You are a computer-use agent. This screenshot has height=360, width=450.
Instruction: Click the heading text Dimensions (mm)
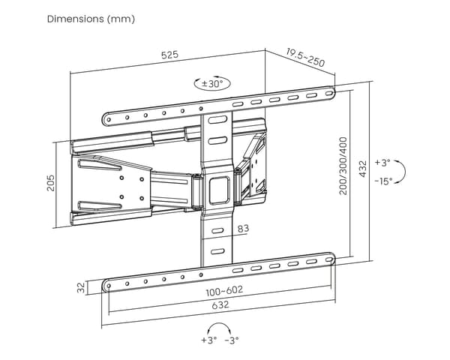91,19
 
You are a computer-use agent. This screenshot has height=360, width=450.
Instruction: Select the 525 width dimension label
170,55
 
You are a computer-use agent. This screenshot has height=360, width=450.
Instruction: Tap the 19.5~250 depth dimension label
305,58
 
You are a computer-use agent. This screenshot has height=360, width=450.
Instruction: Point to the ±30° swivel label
212,84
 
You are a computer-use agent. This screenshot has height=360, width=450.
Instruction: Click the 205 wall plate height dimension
50,183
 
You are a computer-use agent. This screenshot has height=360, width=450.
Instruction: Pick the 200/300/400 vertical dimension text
343,166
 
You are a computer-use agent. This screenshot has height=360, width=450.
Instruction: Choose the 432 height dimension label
363,169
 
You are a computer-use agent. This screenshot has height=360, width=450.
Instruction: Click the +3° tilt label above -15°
382,163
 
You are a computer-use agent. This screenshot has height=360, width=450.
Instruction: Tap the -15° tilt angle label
383,181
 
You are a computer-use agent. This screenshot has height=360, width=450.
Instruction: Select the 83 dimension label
243,229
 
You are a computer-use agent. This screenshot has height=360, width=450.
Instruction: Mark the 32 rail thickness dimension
82,288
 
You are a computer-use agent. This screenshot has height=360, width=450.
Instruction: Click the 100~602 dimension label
224,291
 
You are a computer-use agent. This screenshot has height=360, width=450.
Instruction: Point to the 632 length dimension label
220,304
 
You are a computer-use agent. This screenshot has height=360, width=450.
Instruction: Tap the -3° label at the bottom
232,340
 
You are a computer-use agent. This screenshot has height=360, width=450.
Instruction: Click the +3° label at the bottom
209,340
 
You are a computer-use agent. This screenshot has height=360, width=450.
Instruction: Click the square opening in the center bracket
220,190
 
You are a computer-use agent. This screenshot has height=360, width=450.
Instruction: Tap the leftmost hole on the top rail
109,119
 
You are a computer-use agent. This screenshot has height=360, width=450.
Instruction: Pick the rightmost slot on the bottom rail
329,259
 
